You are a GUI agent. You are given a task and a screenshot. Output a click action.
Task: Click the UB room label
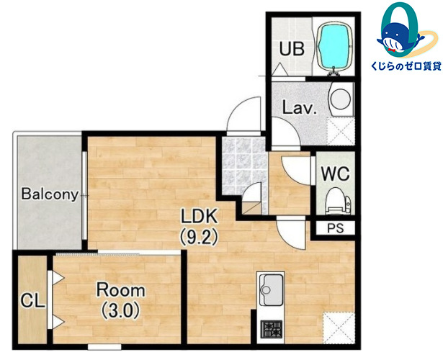click(x=292, y=48)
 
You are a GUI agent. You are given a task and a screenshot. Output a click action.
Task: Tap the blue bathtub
click(x=336, y=46)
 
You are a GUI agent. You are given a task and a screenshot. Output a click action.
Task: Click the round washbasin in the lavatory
click(x=341, y=99)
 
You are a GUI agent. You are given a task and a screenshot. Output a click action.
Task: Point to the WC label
click(x=336, y=174)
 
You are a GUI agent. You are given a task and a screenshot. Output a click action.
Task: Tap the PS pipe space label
click(x=336, y=228)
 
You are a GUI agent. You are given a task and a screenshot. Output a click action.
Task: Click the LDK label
click(x=200, y=216)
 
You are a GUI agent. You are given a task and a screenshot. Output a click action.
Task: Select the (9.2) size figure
click(x=199, y=236)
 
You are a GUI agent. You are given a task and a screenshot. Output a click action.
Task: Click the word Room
click(x=121, y=290)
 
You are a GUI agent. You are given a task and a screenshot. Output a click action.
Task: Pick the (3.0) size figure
click(x=121, y=310)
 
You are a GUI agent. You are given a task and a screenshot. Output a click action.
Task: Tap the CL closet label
click(x=33, y=301)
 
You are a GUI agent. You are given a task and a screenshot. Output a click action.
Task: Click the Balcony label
click(x=50, y=194)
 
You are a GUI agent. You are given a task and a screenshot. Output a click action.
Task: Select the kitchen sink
click(x=271, y=289)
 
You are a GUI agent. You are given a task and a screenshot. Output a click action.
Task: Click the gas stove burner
click(x=271, y=329)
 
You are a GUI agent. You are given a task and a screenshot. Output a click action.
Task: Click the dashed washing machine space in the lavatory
click(x=341, y=131)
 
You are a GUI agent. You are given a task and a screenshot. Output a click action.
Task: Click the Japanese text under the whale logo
click(x=406, y=66)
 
